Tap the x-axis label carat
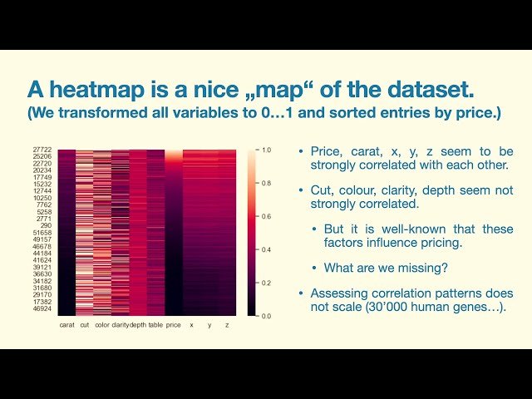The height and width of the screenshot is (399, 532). [x=67, y=325]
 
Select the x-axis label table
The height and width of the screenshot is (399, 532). [x=155, y=325]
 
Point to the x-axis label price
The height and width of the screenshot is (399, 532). [x=173, y=325]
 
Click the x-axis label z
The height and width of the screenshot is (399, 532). [x=227, y=325]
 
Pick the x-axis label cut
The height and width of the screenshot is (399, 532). [x=85, y=325]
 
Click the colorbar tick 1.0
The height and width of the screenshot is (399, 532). [x=266, y=150]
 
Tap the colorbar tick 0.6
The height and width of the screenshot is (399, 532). [x=266, y=216]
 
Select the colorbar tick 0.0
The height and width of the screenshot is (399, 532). [x=266, y=316]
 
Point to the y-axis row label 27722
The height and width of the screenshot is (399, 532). [x=43, y=150]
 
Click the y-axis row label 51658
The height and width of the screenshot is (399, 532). [x=43, y=233]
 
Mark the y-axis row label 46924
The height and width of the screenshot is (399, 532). [x=43, y=308]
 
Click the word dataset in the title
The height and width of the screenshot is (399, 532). [x=452, y=87]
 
